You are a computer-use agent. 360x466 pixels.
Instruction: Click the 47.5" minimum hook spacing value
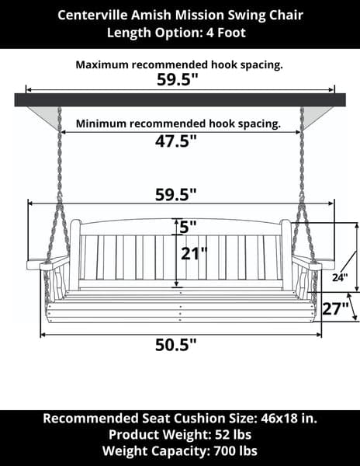tap(176, 141)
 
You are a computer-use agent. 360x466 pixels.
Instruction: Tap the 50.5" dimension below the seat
tap(176, 345)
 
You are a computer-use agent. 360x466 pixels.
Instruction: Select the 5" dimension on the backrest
tap(189, 228)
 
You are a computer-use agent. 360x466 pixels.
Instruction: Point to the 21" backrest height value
tap(194, 254)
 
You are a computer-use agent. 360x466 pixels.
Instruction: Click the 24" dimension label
tap(340, 277)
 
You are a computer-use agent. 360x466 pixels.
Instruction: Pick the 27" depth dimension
tap(335, 308)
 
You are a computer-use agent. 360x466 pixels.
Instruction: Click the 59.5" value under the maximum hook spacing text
tap(177, 80)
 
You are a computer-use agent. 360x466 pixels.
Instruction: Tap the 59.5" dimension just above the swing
tap(176, 195)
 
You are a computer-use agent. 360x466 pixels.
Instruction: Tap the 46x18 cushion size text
tap(279, 418)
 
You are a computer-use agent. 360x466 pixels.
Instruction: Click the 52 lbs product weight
tap(233, 434)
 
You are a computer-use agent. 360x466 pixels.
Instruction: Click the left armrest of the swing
tap(47, 263)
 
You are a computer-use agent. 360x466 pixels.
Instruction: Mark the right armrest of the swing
tap(313, 263)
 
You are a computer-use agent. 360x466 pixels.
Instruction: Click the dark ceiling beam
tap(180, 100)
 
